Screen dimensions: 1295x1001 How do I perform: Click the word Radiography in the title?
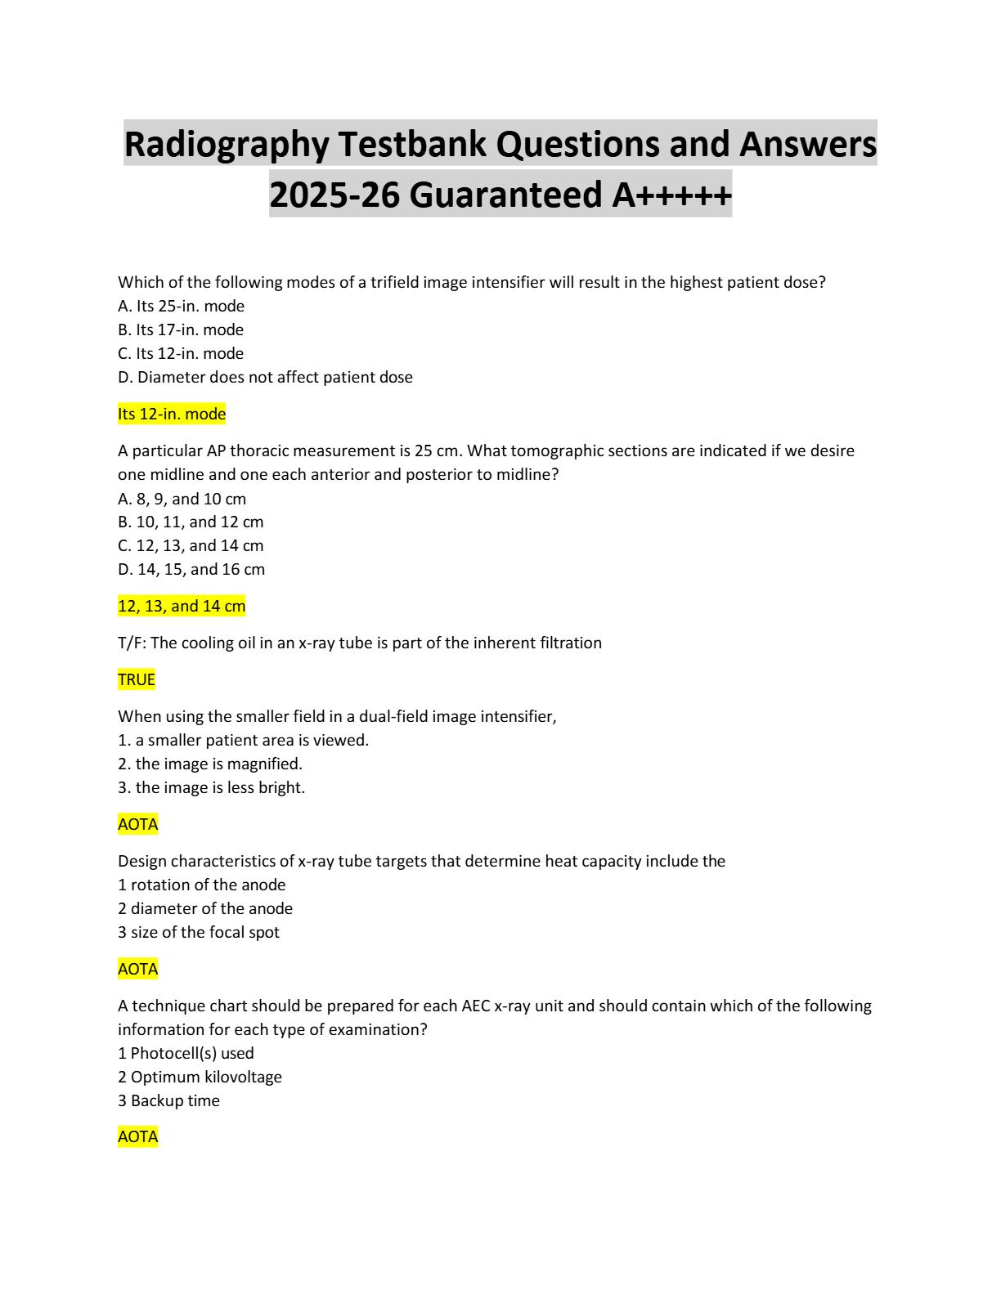pyautogui.click(x=226, y=145)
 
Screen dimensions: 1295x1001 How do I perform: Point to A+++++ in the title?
pyautogui.click(x=671, y=195)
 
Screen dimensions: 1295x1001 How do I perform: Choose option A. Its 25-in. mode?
pyautogui.click(x=181, y=306)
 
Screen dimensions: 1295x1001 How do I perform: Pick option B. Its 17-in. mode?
pyautogui.click(x=181, y=329)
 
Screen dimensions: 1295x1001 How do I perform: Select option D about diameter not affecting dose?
pyautogui.click(x=265, y=377)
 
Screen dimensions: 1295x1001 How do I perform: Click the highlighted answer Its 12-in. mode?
pyautogui.click(x=172, y=414)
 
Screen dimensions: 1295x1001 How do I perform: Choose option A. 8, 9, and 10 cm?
pyautogui.click(x=182, y=499)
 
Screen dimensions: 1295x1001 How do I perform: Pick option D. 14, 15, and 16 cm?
pyautogui.click(x=191, y=569)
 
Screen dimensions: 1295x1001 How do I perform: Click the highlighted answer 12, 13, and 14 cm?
pyautogui.click(x=182, y=606)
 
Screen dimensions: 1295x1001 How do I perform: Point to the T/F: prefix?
pyautogui.click(x=132, y=643)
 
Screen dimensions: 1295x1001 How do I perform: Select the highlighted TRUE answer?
pyautogui.click(x=137, y=679)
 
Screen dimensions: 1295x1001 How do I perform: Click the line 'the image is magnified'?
pyautogui.click(x=210, y=764)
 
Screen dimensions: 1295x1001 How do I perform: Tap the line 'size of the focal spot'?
pyautogui.click(x=199, y=932)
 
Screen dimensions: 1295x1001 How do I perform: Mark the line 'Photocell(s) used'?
pyautogui.click(x=186, y=1053)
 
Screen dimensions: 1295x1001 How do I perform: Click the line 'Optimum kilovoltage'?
pyautogui.click(x=200, y=1077)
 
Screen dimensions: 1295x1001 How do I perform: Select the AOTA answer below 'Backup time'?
pyautogui.click(x=138, y=1136)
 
